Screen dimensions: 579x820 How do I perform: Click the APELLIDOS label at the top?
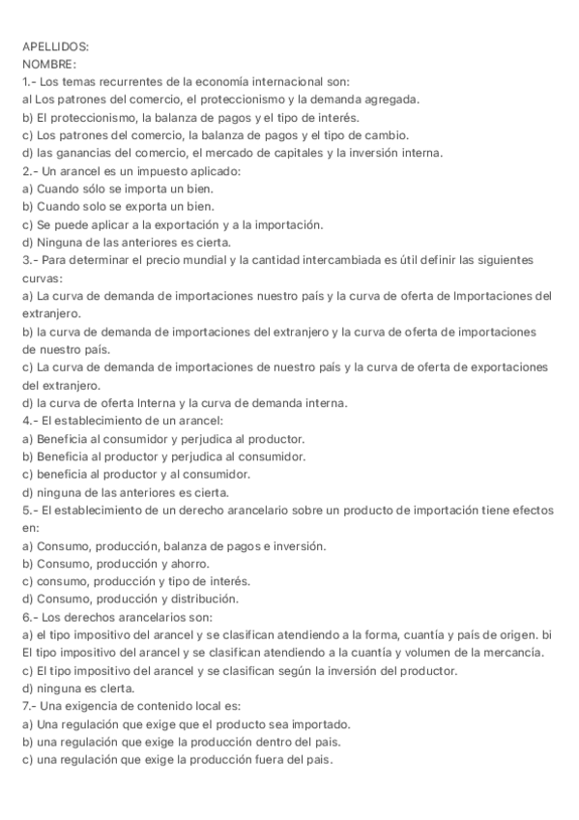coord(55,45)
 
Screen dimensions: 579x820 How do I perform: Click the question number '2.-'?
coord(30,170)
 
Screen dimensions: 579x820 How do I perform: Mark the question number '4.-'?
coord(30,421)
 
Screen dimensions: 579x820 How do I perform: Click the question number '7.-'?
coord(30,706)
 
